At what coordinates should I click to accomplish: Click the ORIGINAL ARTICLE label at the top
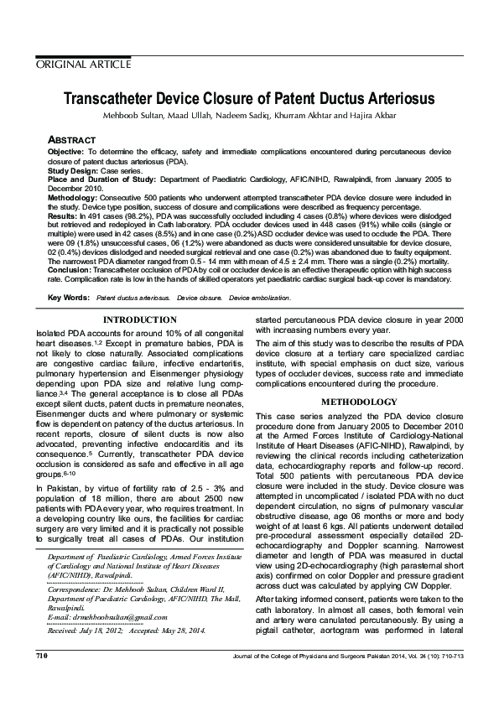coord(82,64)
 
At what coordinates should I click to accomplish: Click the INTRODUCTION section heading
coord(139,319)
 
